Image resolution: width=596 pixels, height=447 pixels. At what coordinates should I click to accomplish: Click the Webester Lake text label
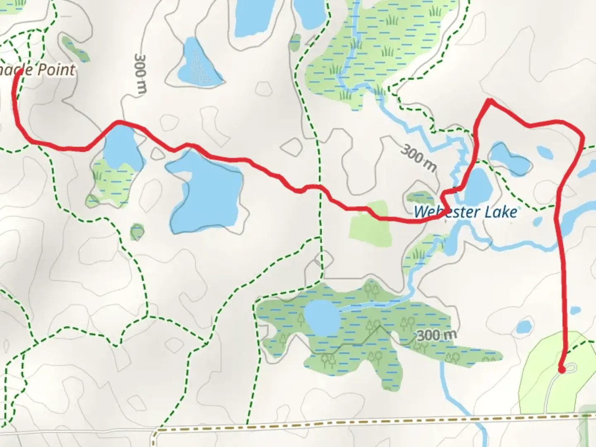(465, 212)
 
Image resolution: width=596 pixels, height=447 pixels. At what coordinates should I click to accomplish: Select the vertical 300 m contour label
(140, 74)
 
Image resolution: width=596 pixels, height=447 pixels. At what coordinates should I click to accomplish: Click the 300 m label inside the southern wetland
(436, 335)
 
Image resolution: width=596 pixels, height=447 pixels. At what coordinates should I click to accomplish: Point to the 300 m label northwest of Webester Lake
(418, 158)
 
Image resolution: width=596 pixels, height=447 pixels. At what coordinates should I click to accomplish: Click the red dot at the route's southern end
(562, 369)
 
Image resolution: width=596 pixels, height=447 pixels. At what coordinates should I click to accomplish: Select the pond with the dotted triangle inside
(198, 64)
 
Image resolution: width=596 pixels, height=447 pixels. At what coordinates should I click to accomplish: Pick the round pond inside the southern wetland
(322, 318)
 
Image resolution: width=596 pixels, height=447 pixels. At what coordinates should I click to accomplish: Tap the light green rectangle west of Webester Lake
(370, 224)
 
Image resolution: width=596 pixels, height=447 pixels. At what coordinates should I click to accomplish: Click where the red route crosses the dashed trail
(319, 187)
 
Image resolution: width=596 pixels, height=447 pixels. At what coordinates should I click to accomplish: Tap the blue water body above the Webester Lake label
(478, 184)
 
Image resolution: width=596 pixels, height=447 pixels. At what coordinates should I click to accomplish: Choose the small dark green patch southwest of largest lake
(137, 232)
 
